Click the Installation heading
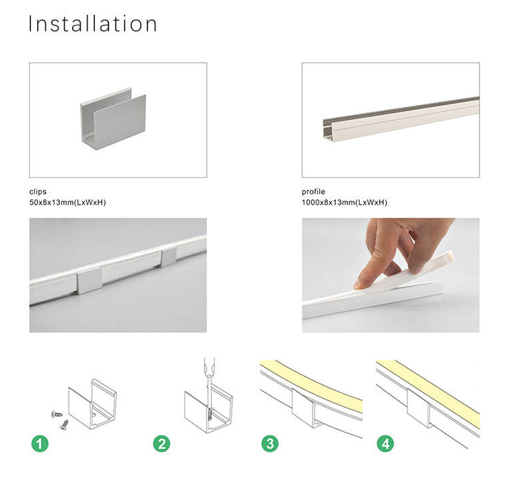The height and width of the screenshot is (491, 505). (93, 24)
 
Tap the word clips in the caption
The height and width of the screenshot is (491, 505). (38, 192)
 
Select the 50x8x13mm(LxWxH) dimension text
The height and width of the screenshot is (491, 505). (67, 203)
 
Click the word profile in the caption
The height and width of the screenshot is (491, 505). (313, 192)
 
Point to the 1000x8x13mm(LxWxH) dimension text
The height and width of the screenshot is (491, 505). (344, 203)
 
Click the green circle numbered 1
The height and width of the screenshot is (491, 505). (40, 444)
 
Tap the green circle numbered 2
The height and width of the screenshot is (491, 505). (162, 444)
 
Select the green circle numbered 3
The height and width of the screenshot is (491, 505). (270, 444)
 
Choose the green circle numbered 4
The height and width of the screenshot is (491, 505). (385, 444)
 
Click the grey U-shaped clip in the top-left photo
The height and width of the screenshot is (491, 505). (113, 120)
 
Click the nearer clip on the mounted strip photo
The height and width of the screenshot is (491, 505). (89, 281)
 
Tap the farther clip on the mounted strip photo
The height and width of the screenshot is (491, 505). (168, 257)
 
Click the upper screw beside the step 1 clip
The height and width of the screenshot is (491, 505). (57, 414)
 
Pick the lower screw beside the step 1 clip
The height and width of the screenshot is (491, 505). (64, 424)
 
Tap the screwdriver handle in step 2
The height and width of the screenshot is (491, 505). (209, 367)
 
